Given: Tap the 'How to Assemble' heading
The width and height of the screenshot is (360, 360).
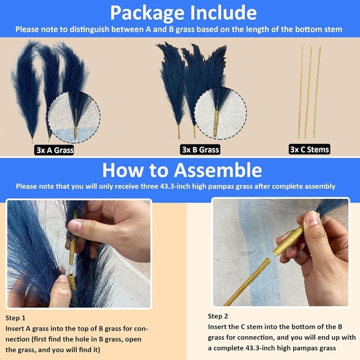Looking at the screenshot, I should (181, 169).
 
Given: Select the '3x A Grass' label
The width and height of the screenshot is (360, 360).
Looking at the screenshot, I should (54, 150).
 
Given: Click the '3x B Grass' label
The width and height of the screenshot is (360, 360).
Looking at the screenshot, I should (200, 149).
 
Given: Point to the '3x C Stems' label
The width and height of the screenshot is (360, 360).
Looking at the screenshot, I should (309, 149).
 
